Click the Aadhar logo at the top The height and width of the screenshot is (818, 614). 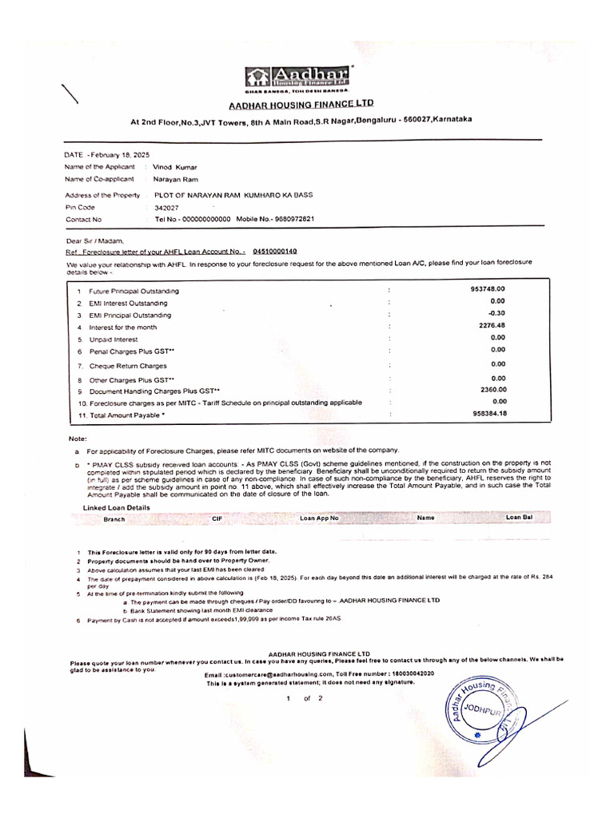301,78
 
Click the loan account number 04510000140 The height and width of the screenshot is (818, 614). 274,250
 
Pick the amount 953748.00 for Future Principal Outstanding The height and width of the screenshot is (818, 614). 488,288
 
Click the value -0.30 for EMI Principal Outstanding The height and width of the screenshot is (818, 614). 497,313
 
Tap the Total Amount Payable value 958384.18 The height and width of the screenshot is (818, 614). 488,413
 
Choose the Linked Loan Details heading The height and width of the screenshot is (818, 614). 117,507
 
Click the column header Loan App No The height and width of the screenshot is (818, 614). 319,518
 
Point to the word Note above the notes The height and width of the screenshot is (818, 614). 77,439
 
